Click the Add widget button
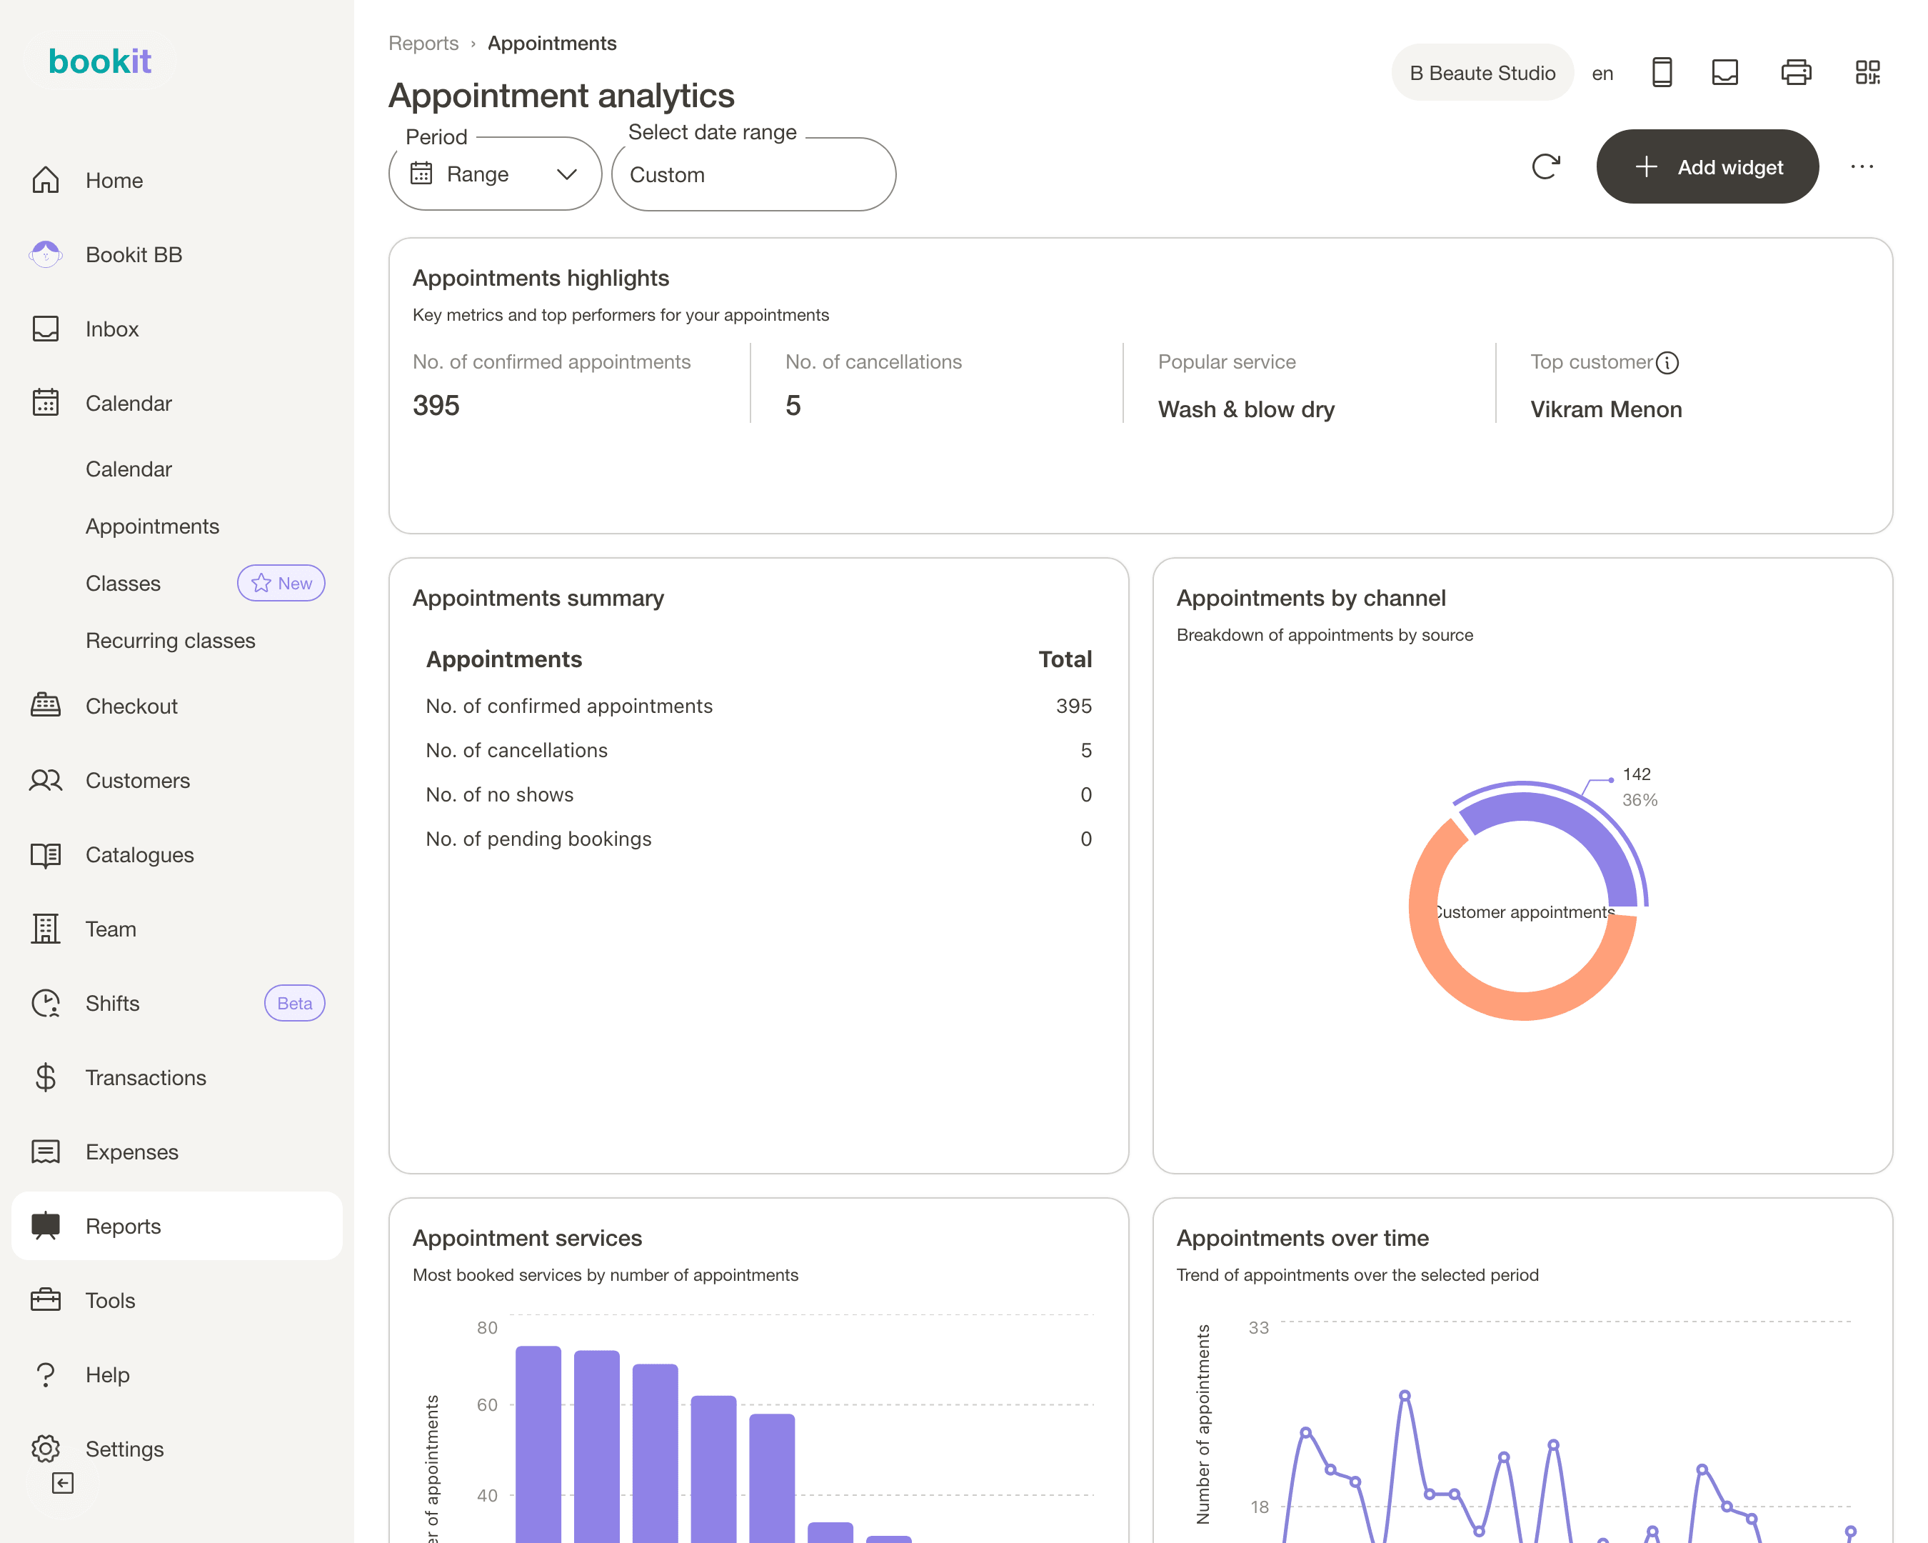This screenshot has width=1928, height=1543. point(1707,166)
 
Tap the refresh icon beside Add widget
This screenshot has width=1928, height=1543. point(1545,166)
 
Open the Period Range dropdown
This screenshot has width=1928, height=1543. point(495,174)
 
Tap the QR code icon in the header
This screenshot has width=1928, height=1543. point(1867,72)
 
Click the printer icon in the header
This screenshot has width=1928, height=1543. point(1796,72)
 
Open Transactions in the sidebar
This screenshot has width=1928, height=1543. point(146,1078)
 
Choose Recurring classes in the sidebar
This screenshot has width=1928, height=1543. point(171,641)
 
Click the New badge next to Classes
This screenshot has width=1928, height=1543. point(281,583)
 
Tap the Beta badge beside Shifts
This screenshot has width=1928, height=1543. point(294,1004)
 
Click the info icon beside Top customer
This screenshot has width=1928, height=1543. point(1667,362)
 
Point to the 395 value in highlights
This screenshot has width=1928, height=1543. point(436,405)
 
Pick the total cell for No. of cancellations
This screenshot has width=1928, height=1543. point(1085,751)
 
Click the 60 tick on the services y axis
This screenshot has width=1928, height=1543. point(488,1404)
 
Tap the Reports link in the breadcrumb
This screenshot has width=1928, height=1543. point(424,43)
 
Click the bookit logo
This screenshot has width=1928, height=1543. point(100,61)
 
